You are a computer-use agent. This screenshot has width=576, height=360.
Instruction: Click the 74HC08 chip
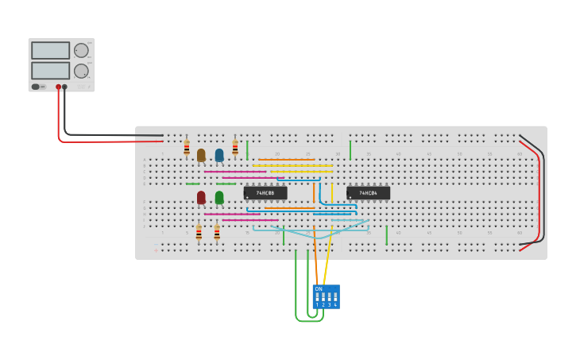tap(265, 193)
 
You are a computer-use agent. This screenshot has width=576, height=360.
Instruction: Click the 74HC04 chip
tap(368, 193)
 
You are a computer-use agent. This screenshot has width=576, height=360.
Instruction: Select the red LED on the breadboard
tap(201, 197)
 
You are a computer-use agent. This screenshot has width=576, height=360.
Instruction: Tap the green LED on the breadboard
tap(219, 197)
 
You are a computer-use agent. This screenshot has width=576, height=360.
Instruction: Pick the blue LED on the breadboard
tap(219, 155)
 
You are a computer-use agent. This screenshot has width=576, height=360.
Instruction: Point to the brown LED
tap(201, 155)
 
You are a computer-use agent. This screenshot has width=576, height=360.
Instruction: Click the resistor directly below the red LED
tap(199, 233)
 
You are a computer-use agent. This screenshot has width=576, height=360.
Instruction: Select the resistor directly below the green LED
tap(217, 233)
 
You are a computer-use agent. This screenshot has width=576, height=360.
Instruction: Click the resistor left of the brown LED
tap(187, 149)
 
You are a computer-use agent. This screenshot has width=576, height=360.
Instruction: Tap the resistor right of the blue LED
tap(235, 148)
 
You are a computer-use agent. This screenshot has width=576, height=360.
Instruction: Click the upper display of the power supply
tap(51, 50)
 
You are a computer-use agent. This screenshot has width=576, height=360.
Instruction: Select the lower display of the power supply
tap(51, 70)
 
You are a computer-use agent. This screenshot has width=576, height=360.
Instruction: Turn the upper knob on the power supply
tap(81, 50)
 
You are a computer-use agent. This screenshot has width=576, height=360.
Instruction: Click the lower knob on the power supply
tap(81, 71)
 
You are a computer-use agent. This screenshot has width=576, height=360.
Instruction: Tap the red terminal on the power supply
tap(58, 87)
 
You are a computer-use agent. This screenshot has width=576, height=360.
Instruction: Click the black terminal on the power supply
tap(65, 87)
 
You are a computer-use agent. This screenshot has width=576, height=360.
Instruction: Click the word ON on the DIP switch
tap(319, 289)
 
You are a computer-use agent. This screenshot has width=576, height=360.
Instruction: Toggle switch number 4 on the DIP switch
tap(335, 299)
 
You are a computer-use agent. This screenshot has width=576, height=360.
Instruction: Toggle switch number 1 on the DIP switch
tap(317, 299)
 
